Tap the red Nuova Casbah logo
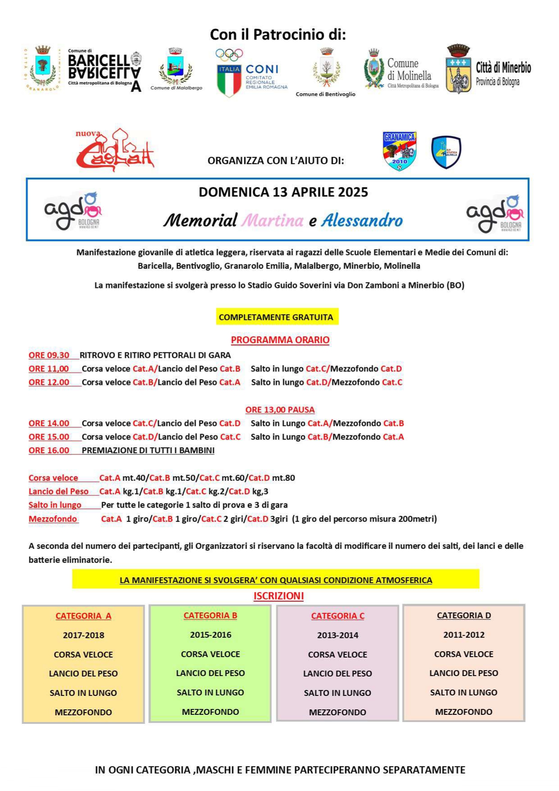pos(115,150)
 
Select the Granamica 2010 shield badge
pos(399,151)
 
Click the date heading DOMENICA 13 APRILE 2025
pos(283,192)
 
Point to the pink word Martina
pos(272,220)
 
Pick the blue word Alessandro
pos(362,220)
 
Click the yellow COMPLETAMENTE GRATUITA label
pos(276,317)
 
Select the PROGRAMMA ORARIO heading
pos(280,340)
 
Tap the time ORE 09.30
pos(49,355)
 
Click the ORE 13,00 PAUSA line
pos(280,410)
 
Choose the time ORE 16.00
pos(49,450)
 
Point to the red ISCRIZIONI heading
pos(279,596)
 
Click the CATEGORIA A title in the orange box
pos(83,616)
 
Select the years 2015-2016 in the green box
pos(211,635)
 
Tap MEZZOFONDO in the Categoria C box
pos(337,712)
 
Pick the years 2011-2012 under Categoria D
pos(463,635)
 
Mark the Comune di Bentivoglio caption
pos(325,94)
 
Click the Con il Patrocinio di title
pos(278,35)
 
